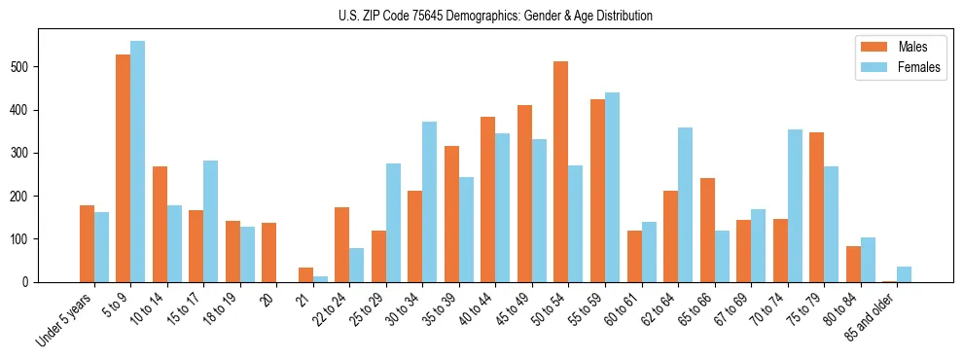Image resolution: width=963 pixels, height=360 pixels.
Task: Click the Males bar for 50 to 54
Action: pyautogui.click(x=561, y=171)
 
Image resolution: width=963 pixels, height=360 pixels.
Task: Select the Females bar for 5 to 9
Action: pyautogui.click(x=137, y=162)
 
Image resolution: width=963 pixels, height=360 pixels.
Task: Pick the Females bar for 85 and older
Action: pyautogui.click(x=904, y=274)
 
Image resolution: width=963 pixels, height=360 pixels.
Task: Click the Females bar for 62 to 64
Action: pyautogui.click(x=685, y=204)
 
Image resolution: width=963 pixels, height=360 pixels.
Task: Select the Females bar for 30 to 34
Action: pyautogui.click(x=429, y=201)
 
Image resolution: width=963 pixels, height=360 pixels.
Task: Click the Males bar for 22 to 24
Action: pyautogui.click(x=342, y=244)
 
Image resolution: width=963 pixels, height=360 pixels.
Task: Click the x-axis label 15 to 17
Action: pyautogui.click(x=186, y=308)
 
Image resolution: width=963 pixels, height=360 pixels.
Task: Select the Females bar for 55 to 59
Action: pyautogui.click(x=612, y=187)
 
